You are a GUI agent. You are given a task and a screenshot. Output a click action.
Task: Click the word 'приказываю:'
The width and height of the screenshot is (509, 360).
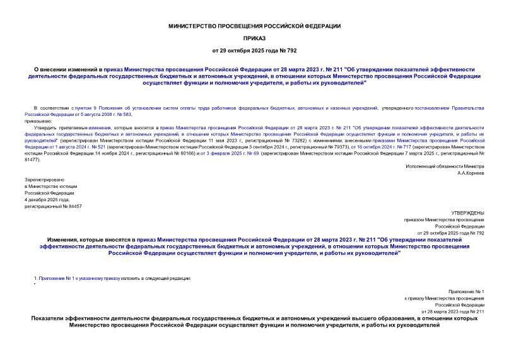pyautogui.click(x=39, y=120)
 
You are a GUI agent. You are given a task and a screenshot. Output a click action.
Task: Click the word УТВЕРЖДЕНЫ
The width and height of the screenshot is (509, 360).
pyautogui.click(x=469, y=214)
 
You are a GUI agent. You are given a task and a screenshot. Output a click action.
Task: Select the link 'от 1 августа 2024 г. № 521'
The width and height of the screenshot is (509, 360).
pyautogui.click(x=55, y=146)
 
